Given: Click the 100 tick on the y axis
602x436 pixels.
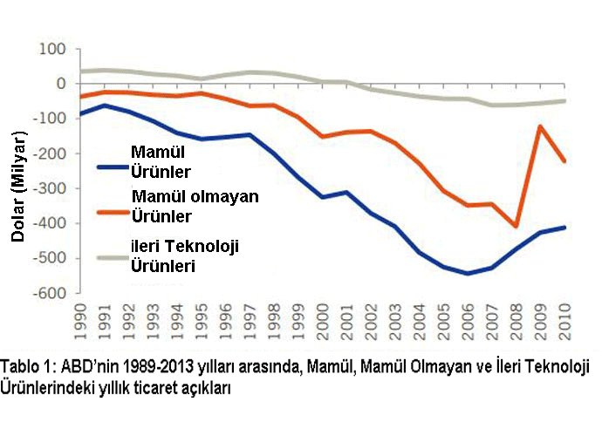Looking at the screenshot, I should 52,48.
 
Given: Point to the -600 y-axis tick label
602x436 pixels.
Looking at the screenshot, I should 49,294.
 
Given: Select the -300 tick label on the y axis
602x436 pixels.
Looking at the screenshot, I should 49,188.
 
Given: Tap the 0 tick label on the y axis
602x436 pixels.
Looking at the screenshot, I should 61,83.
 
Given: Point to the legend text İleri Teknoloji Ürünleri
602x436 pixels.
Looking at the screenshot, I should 185,255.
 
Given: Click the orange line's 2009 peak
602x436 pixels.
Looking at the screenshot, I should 541,126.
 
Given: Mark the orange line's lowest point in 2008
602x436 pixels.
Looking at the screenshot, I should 517,227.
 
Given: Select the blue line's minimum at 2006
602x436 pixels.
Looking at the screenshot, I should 469,273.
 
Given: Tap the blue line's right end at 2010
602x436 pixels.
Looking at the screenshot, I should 565,228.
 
